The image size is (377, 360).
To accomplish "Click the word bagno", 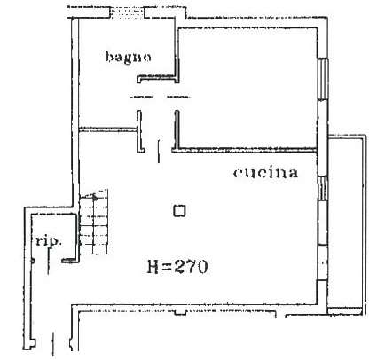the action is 129,57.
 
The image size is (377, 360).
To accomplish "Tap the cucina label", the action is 265,173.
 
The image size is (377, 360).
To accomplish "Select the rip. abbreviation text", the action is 49,241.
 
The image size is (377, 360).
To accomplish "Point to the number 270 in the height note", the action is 191,267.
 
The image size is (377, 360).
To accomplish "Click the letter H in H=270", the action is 153,267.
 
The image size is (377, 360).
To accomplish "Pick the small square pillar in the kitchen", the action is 179,211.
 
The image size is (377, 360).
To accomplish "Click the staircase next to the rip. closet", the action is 93,223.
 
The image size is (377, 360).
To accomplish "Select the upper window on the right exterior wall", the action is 323,79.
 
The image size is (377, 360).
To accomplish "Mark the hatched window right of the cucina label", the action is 323,189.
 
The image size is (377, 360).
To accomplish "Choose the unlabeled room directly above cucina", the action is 247,87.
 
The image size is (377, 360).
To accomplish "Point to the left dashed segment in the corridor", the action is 141,97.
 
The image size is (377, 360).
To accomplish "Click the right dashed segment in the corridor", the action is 178,97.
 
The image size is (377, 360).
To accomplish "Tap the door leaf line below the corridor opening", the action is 159,152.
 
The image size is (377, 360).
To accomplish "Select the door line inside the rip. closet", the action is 49,261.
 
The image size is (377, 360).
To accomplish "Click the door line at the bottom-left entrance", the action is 53,344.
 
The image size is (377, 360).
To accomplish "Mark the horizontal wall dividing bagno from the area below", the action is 108,129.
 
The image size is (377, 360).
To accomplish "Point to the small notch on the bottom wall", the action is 180,312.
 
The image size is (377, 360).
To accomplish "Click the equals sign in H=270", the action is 167,267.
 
